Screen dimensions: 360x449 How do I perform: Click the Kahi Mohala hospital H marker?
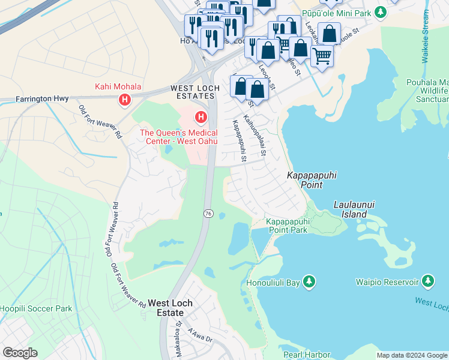point(125,99)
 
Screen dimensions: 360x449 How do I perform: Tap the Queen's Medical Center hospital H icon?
point(201,116)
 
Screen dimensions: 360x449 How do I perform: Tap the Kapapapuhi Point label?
point(306,181)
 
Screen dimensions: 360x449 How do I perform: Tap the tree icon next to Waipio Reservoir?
point(427,281)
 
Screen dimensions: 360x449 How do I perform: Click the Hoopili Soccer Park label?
point(36,308)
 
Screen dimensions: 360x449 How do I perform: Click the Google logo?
point(20,353)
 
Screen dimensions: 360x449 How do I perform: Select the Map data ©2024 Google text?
point(411,355)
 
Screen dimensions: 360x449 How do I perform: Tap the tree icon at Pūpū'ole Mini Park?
point(380,12)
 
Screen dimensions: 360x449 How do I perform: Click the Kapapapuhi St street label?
point(239,142)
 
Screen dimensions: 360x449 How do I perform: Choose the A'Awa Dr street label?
point(200,335)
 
